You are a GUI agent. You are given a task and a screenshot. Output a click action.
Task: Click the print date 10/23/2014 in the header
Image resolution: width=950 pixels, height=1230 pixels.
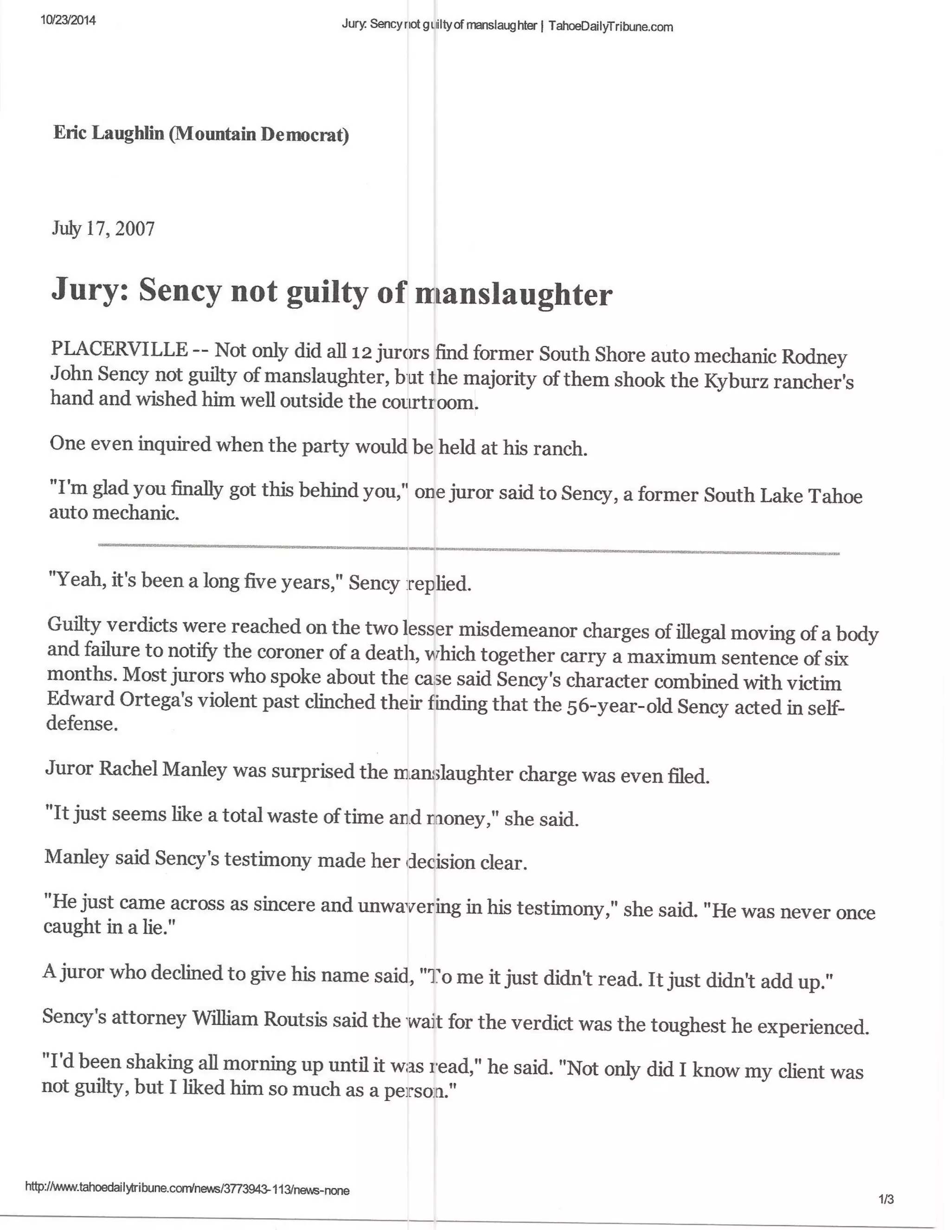[x=68, y=21]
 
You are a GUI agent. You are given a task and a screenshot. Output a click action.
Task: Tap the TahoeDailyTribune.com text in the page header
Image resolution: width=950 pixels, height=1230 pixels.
[x=610, y=26]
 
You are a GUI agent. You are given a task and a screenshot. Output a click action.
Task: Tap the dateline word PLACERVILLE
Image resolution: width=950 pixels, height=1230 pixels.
[x=119, y=349]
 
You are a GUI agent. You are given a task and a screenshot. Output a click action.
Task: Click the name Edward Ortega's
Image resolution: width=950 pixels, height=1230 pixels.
[x=116, y=700]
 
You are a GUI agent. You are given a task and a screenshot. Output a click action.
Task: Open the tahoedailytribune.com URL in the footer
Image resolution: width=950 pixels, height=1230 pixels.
[x=187, y=1190]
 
